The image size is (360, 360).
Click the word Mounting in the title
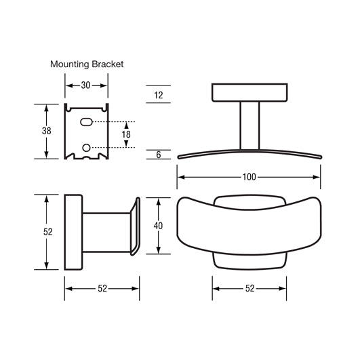(x=71, y=64)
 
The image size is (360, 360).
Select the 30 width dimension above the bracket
(x=86, y=86)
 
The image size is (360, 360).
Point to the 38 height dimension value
(x=46, y=131)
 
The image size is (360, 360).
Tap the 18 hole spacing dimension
(x=126, y=134)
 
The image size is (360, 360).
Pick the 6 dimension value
(x=158, y=155)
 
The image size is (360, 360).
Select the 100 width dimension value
(x=249, y=178)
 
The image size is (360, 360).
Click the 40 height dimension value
(x=158, y=226)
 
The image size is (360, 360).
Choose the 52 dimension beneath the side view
(x=102, y=288)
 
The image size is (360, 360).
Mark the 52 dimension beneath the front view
(x=249, y=288)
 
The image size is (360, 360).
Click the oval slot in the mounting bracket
(x=87, y=122)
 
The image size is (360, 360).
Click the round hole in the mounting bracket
(x=86, y=147)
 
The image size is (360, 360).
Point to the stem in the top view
(x=249, y=125)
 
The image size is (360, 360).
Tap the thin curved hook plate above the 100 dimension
(x=249, y=152)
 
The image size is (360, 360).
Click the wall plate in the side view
(x=73, y=232)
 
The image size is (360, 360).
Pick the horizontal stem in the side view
(x=105, y=232)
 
